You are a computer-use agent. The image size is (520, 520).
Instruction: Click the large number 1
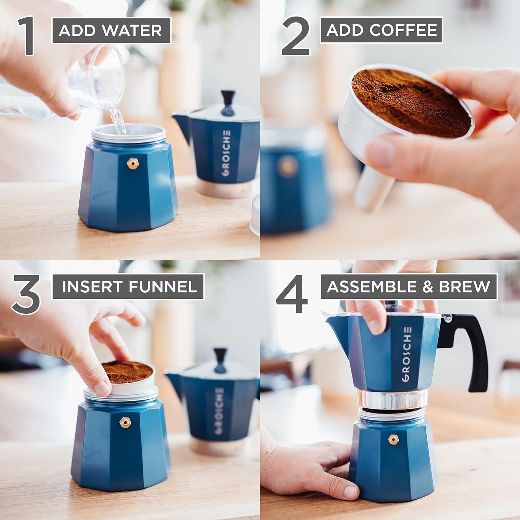[28, 36]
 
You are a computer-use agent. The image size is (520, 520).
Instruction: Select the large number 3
[26, 294]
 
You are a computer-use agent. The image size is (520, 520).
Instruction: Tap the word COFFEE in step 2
[403, 30]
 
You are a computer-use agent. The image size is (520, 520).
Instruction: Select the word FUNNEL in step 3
[163, 287]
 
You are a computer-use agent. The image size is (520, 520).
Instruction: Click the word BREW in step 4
[465, 287]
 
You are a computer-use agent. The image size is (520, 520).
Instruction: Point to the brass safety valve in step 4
[393, 440]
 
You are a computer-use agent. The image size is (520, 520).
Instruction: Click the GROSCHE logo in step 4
[407, 354]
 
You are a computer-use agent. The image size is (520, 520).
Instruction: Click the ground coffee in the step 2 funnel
[409, 101]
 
